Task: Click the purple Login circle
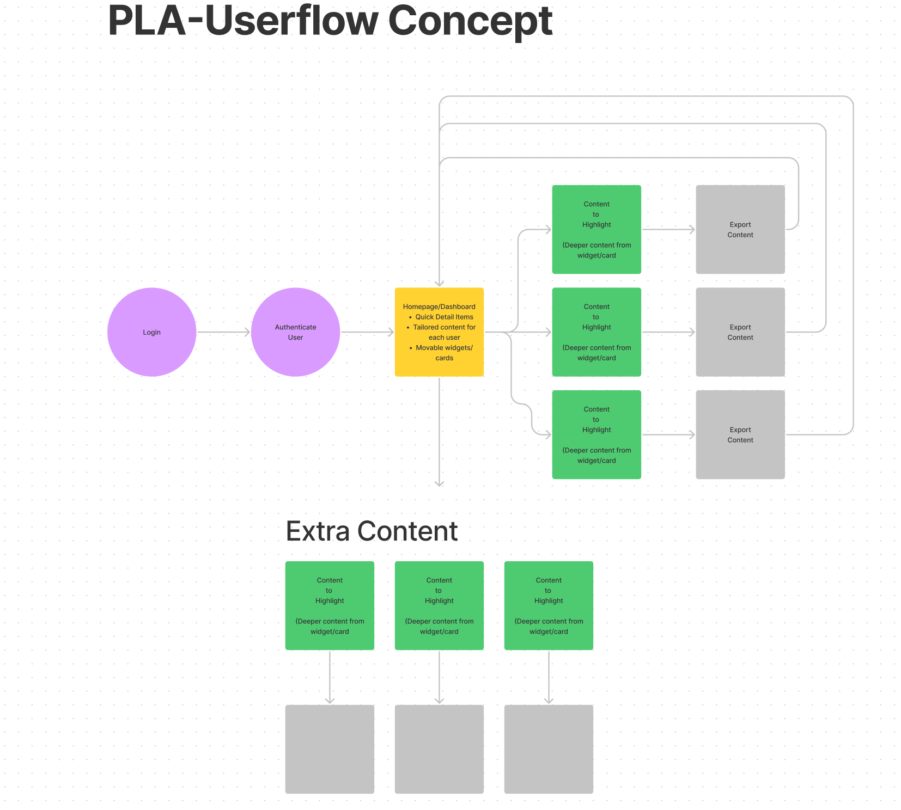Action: [151, 332]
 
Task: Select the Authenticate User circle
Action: [295, 332]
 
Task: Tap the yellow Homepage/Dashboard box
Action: [439, 332]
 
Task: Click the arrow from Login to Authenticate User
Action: [223, 332]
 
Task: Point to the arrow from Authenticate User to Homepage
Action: [367, 332]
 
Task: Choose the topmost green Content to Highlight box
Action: [596, 229]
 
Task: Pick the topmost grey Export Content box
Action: [740, 229]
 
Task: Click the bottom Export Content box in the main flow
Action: [740, 434]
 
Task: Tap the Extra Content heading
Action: [372, 531]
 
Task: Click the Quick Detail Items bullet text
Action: [444, 317]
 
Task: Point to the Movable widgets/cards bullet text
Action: [444, 353]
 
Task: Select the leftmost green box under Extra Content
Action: [330, 605]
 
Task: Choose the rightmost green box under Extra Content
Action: [549, 605]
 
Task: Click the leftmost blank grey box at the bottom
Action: [330, 749]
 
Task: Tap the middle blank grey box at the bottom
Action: [439, 749]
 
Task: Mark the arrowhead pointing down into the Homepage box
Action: [439, 283]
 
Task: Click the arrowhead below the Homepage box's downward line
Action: [439, 483]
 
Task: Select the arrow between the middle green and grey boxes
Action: [668, 332]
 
